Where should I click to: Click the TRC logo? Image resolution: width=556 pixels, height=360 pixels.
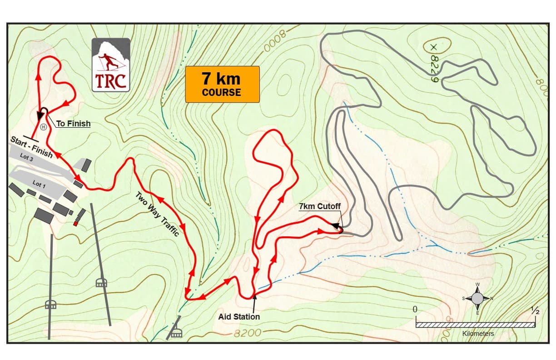[111, 65]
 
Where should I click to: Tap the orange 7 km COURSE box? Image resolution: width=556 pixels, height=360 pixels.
[222, 84]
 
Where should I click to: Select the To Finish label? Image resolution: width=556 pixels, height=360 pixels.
[73, 123]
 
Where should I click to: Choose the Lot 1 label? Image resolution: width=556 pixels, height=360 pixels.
[39, 185]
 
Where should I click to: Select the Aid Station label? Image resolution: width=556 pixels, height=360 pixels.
[239, 316]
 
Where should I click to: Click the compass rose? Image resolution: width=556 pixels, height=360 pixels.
[477, 298]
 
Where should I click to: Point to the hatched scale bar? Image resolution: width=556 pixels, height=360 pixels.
[475, 325]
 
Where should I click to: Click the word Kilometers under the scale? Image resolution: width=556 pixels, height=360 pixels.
[478, 334]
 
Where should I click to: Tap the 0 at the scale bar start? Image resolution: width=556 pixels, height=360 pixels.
[415, 309]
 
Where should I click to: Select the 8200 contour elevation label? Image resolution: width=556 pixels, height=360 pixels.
[248, 333]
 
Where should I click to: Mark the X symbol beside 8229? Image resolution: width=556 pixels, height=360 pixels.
[433, 47]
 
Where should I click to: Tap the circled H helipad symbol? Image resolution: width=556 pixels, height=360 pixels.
[44, 127]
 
